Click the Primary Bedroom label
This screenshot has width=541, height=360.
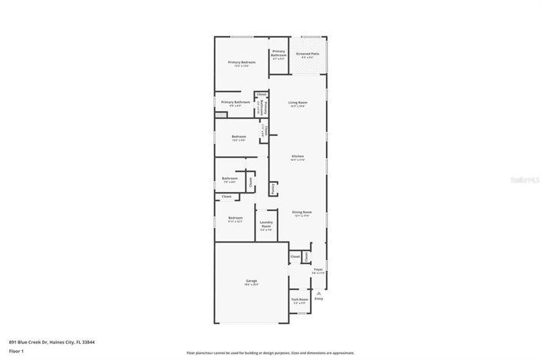(241, 61)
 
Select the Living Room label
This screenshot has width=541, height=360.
(298, 103)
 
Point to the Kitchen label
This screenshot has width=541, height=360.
(298, 157)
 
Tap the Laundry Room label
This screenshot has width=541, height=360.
(266, 224)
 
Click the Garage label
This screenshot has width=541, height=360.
(251, 282)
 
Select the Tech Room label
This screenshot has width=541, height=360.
(299, 299)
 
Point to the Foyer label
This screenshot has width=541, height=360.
(318, 269)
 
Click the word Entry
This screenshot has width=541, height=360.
(318, 298)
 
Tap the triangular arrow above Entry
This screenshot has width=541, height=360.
(318, 292)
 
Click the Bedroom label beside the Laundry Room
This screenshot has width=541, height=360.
(235, 218)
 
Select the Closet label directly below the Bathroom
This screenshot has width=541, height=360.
(226, 197)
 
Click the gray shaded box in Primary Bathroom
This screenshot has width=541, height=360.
(221, 115)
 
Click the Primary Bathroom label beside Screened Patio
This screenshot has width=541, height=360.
(279, 53)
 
